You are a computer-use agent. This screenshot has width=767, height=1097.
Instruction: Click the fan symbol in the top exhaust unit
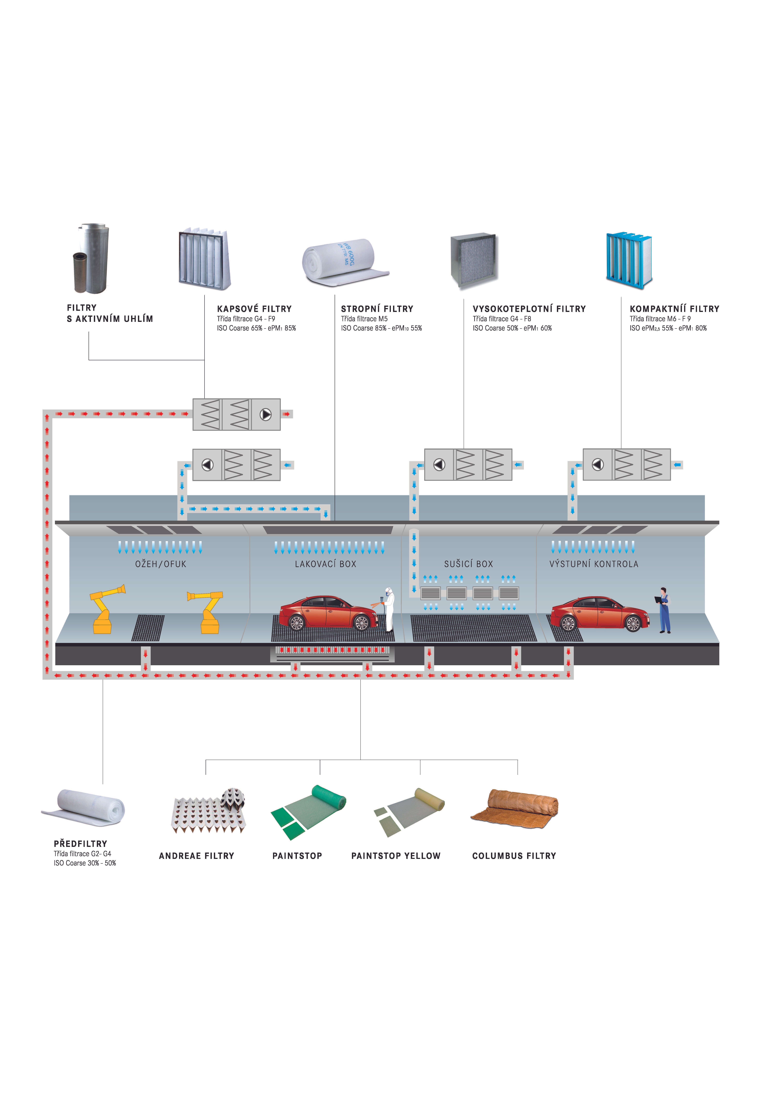point(266,414)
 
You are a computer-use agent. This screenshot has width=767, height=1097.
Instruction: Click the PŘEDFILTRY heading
point(80,844)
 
